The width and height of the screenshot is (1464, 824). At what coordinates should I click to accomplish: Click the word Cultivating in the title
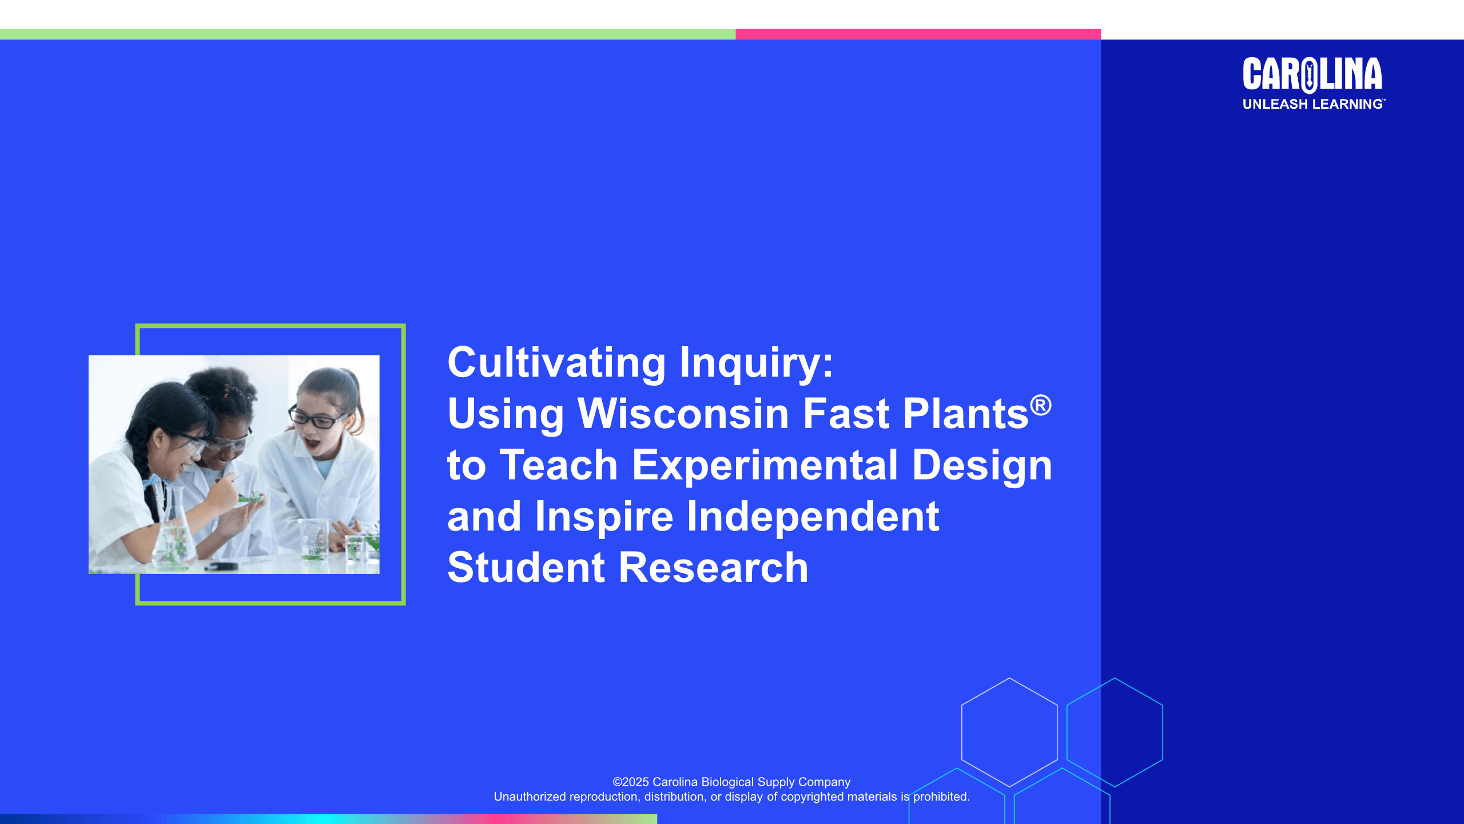click(556, 363)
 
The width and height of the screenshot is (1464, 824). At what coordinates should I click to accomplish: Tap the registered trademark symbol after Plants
click(1041, 405)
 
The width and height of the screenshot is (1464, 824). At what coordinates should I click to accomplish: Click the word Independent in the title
click(813, 516)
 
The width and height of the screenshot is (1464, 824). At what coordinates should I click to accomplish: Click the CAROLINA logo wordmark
click(1312, 74)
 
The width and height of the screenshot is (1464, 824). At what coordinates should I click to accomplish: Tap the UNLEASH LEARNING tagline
click(1313, 104)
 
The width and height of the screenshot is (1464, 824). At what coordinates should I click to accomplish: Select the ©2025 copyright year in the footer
click(631, 782)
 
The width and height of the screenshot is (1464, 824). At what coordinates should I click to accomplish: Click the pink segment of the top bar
click(918, 34)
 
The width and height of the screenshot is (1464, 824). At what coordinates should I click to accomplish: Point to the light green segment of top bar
click(368, 34)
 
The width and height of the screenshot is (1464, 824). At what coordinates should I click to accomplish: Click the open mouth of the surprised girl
click(312, 443)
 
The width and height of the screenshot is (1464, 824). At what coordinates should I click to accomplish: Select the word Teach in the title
click(559, 465)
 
